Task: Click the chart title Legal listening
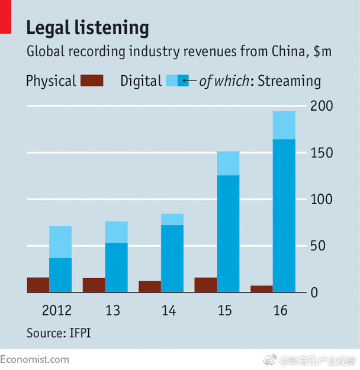click(88, 28)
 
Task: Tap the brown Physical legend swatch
click(91, 81)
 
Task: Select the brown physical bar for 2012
click(38, 285)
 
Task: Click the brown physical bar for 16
click(262, 289)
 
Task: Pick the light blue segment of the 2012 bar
click(60, 242)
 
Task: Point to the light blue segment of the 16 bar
click(284, 125)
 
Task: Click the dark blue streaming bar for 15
click(228, 233)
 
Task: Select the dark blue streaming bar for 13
click(117, 267)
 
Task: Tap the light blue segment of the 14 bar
click(172, 219)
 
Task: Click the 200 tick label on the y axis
click(322, 107)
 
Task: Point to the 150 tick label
click(322, 153)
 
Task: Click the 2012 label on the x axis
click(57, 310)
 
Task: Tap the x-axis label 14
click(168, 310)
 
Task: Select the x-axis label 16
click(280, 310)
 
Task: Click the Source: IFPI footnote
click(59, 333)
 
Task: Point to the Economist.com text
click(34, 359)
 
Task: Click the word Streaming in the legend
click(290, 81)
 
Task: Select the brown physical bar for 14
click(150, 287)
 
